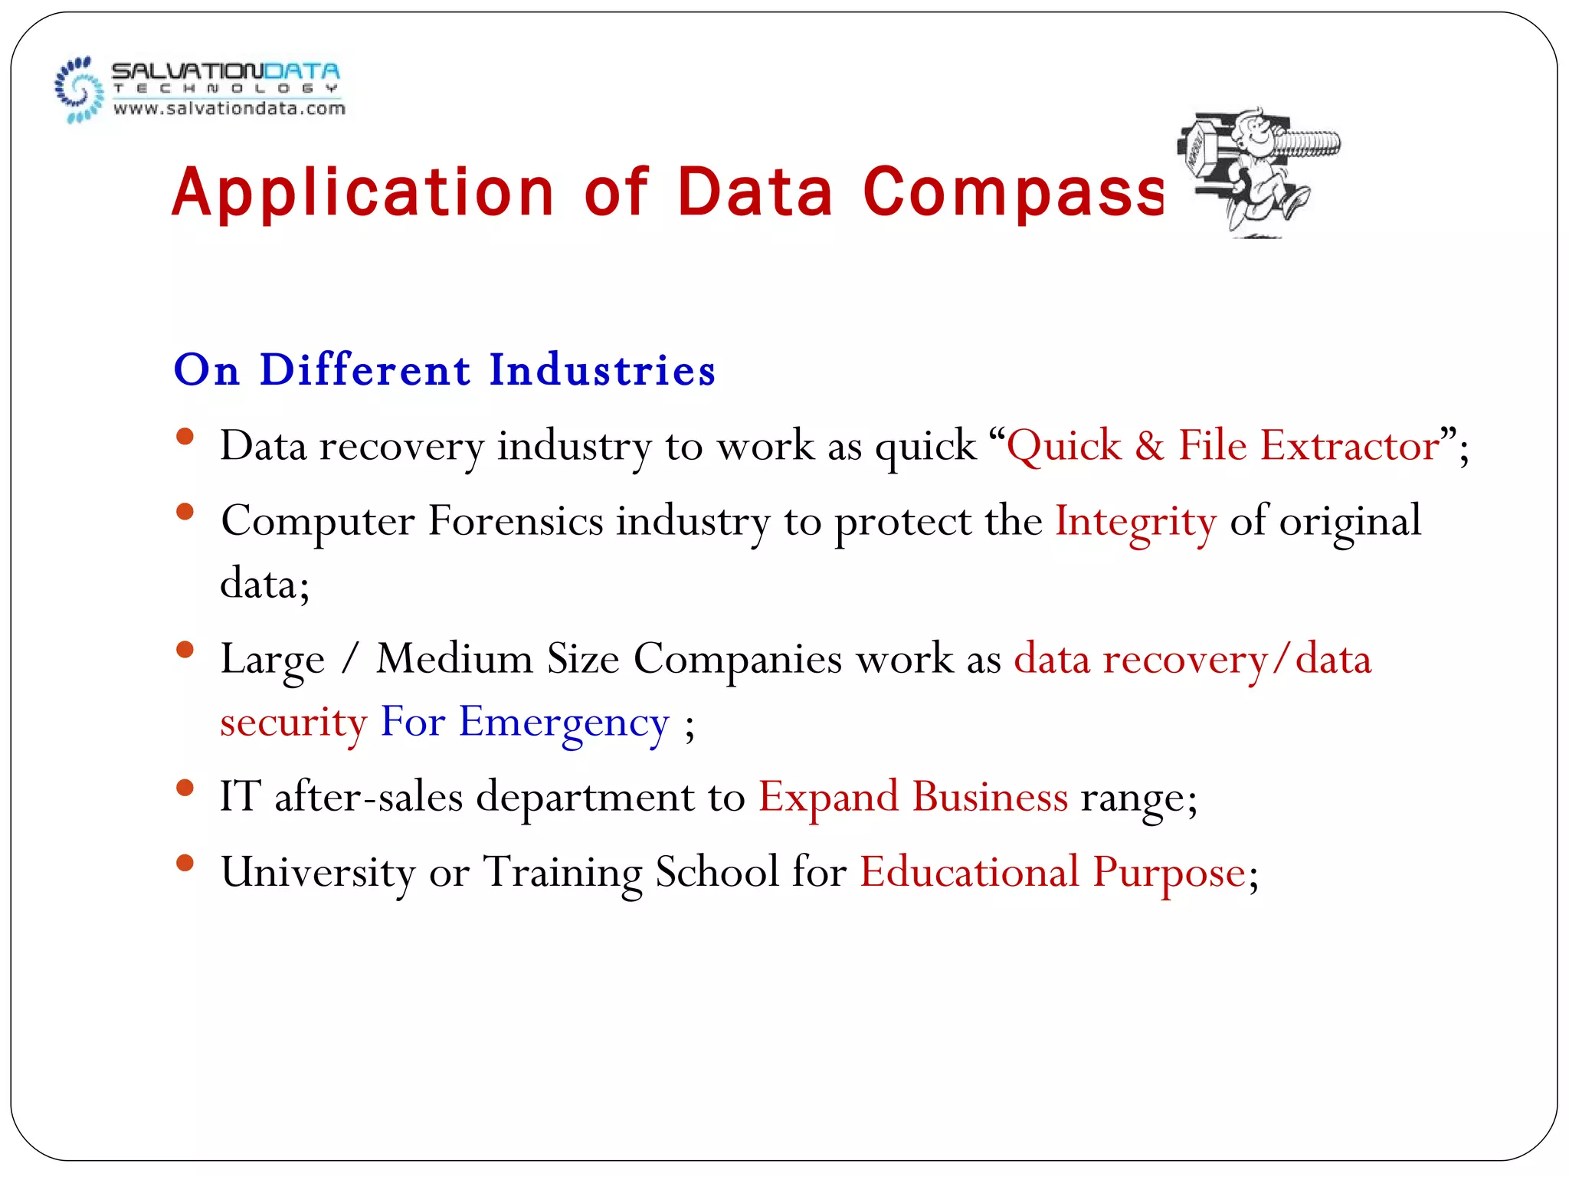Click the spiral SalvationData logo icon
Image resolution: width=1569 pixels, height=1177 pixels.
79,90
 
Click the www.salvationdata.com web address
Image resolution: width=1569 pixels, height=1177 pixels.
229,109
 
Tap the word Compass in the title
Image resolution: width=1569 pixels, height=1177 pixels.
1014,192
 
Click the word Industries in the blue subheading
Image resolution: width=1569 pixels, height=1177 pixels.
602,370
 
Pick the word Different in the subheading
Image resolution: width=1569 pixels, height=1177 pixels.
365,370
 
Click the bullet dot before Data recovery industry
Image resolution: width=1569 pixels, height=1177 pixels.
185,437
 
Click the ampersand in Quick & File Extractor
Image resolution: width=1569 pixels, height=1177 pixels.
1149,446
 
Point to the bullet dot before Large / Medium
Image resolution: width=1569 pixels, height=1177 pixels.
185,651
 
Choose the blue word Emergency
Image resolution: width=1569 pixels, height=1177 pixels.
564,723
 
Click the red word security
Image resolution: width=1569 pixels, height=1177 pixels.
293,723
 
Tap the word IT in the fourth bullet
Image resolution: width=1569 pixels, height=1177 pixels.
240,797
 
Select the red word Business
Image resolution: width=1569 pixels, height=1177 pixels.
990,797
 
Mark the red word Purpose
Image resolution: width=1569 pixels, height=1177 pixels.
1169,873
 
